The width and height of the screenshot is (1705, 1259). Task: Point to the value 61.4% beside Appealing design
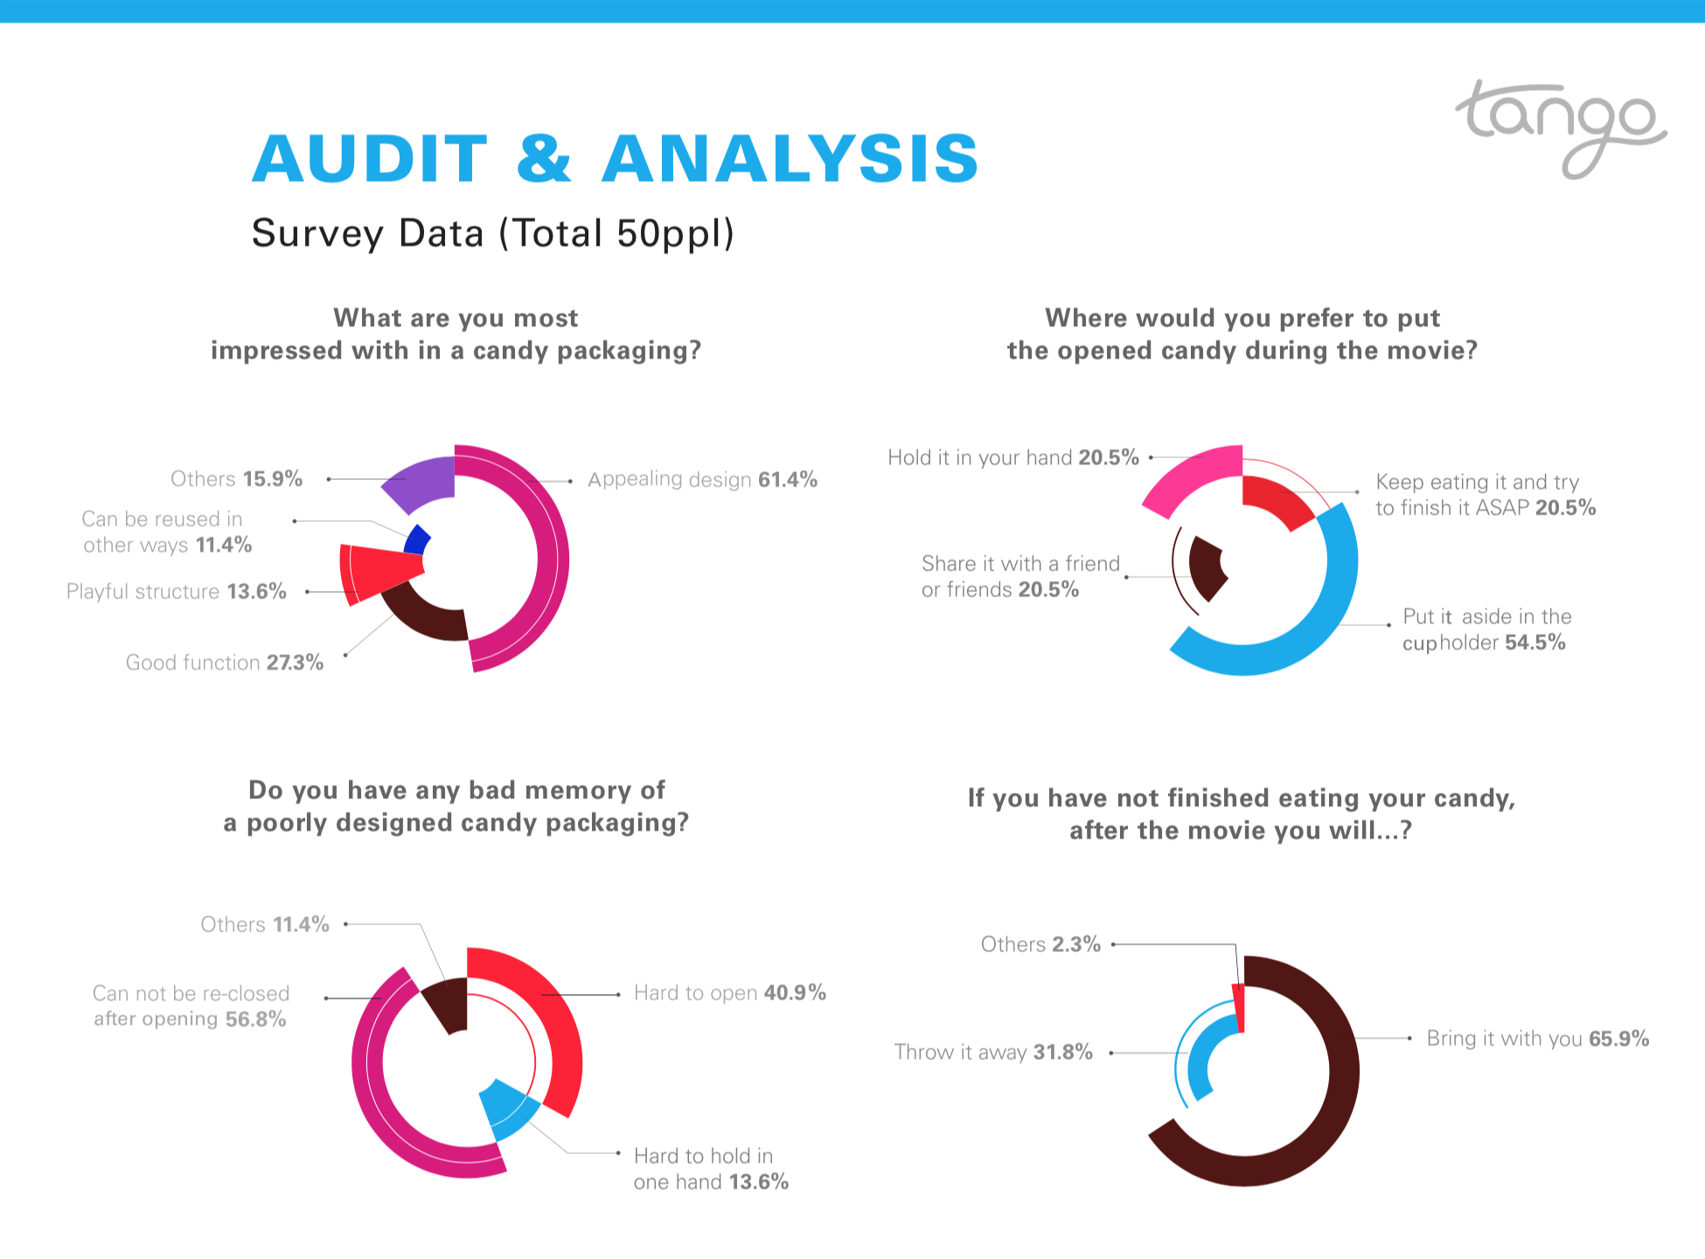(788, 479)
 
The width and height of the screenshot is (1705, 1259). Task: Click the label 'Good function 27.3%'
(225, 663)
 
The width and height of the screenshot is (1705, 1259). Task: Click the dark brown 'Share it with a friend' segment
(1206, 567)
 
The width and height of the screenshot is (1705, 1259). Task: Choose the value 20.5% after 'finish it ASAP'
(1565, 508)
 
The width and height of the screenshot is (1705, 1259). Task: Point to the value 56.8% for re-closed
(255, 1019)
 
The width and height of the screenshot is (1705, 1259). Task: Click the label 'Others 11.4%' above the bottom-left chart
(265, 925)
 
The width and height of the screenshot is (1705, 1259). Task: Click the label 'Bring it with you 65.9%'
(1537, 1039)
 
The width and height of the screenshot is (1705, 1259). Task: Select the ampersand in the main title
(544, 159)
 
